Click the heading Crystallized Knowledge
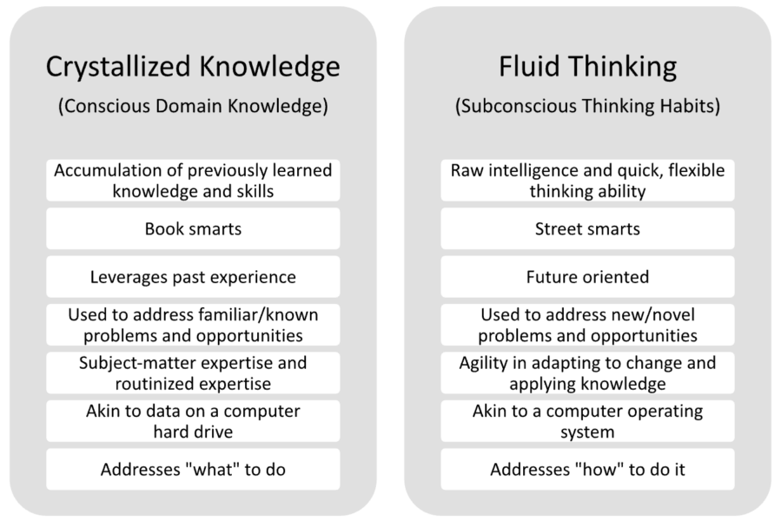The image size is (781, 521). click(x=193, y=67)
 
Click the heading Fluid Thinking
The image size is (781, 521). click(x=588, y=67)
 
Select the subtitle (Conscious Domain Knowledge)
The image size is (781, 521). click(x=193, y=106)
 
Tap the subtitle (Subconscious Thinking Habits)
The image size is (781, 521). click(x=588, y=106)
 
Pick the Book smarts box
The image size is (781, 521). click(x=193, y=228)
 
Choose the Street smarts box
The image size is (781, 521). click(x=588, y=228)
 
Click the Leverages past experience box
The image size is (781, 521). click(x=193, y=277)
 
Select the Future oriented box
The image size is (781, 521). click(x=588, y=277)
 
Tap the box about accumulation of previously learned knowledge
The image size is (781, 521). click(x=193, y=181)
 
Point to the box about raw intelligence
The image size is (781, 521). click(x=588, y=181)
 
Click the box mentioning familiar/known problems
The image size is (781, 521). click(x=193, y=325)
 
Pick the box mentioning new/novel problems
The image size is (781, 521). click(x=588, y=325)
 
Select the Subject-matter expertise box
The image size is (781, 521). click(x=193, y=373)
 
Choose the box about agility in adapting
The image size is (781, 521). click(x=588, y=373)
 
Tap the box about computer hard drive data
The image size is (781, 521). click(x=193, y=421)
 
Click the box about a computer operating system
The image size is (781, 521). click(x=588, y=421)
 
